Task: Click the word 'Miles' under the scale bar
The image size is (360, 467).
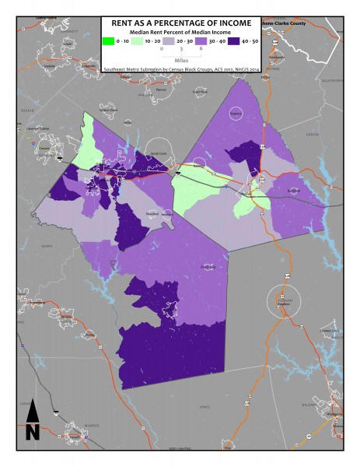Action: [x=180, y=58]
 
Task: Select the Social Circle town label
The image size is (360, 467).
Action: [x=158, y=153]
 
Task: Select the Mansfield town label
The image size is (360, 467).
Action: [x=153, y=212]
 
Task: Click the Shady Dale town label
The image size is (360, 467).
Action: [x=208, y=266]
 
